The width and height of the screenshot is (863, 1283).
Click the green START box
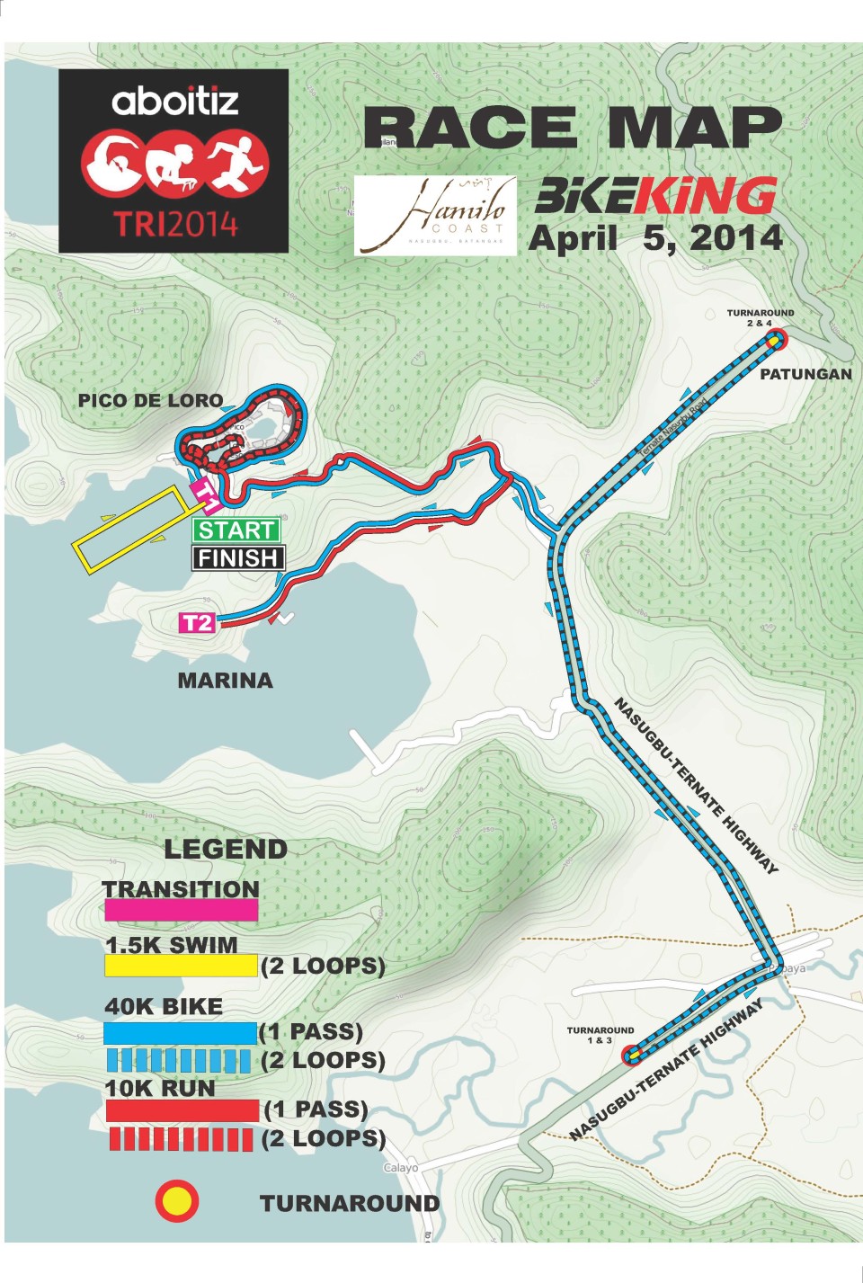[236, 530]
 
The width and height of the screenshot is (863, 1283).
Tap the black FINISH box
[238, 558]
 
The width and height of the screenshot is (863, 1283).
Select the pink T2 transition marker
[198, 623]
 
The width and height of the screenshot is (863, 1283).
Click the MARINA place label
[225, 681]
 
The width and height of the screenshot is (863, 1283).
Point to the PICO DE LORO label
[150, 401]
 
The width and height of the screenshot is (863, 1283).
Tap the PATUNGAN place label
[805, 374]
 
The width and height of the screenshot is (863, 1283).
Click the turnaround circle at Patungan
[775, 340]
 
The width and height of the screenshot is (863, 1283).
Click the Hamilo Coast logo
[435, 215]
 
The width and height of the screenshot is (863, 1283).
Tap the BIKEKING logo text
[655, 195]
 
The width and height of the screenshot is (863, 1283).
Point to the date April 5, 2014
[655, 238]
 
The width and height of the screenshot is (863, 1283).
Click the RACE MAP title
[573, 128]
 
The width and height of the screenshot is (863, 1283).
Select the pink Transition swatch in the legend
[181, 910]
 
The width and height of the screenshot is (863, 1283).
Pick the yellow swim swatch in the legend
[181, 966]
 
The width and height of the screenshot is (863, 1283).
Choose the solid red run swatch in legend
[182, 1110]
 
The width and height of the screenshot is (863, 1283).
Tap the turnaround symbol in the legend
[177, 1201]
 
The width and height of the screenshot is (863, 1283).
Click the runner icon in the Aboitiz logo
[238, 164]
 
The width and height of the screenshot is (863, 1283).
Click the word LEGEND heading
[226, 849]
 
